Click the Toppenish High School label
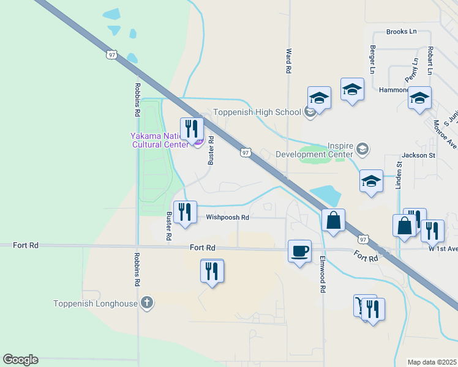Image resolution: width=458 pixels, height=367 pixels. [257, 112]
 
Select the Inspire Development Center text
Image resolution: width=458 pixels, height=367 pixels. [316, 150]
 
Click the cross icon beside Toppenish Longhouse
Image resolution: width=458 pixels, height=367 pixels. [147, 302]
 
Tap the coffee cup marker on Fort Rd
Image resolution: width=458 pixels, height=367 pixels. [299, 251]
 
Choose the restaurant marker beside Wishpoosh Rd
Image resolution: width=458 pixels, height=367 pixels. [185, 212]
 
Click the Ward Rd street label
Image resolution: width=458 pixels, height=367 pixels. [288, 61]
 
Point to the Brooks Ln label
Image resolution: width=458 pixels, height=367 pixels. [401, 32]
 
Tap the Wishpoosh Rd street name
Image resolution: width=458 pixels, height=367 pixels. [228, 217]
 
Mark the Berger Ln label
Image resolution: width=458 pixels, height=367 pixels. [372, 57]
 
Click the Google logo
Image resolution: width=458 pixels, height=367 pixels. [20, 360]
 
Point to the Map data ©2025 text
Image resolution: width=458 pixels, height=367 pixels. [432, 362]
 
